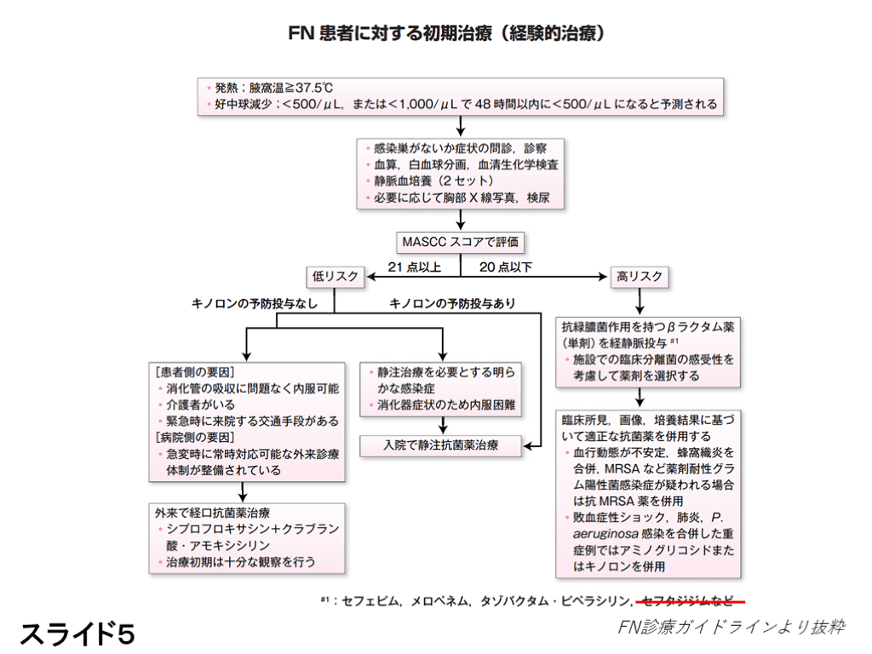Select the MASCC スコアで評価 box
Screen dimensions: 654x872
click(460, 242)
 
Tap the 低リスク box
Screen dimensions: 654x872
click(335, 276)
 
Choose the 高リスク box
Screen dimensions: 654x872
click(638, 276)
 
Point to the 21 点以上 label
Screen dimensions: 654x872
click(415, 266)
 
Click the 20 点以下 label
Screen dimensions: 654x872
click(505, 266)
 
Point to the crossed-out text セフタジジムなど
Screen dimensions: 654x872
click(689, 600)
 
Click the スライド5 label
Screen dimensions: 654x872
click(77, 632)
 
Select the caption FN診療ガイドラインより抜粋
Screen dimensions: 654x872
click(731, 628)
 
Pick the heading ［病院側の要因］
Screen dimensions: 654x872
click(194, 437)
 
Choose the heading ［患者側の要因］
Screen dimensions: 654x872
click(194, 372)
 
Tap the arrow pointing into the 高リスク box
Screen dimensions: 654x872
click(601, 276)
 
